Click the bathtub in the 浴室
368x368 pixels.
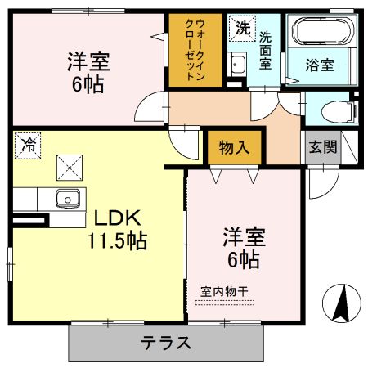[323, 31]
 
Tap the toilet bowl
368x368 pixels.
[337, 111]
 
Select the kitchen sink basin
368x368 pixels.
[68, 199]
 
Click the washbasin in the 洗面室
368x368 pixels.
[238, 64]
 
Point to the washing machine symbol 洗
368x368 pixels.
[242, 29]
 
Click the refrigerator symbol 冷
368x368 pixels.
[28, 146]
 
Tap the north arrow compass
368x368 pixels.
[342, 303]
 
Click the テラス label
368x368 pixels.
[165, 343]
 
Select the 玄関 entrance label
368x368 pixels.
[323, 146]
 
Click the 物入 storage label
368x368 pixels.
[234, 147]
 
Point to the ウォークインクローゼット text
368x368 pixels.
[195, 49]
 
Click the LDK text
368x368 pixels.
[118, 218]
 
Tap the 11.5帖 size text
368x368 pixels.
[118, 240]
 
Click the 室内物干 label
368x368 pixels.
[224, 292]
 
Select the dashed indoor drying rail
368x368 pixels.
[225, 303]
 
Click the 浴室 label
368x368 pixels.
[320, 65]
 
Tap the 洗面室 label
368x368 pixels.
[265, 50]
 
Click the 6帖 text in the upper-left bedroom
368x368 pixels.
[88, 85]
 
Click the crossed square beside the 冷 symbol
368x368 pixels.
[70, 168]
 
